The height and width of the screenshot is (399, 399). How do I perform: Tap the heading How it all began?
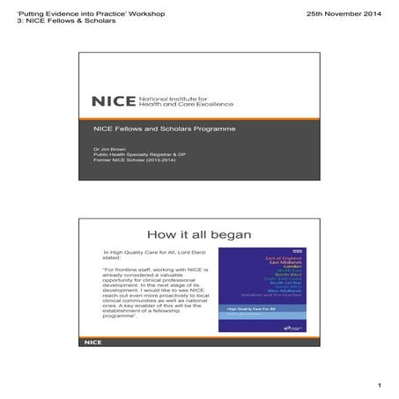coord(200,235)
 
